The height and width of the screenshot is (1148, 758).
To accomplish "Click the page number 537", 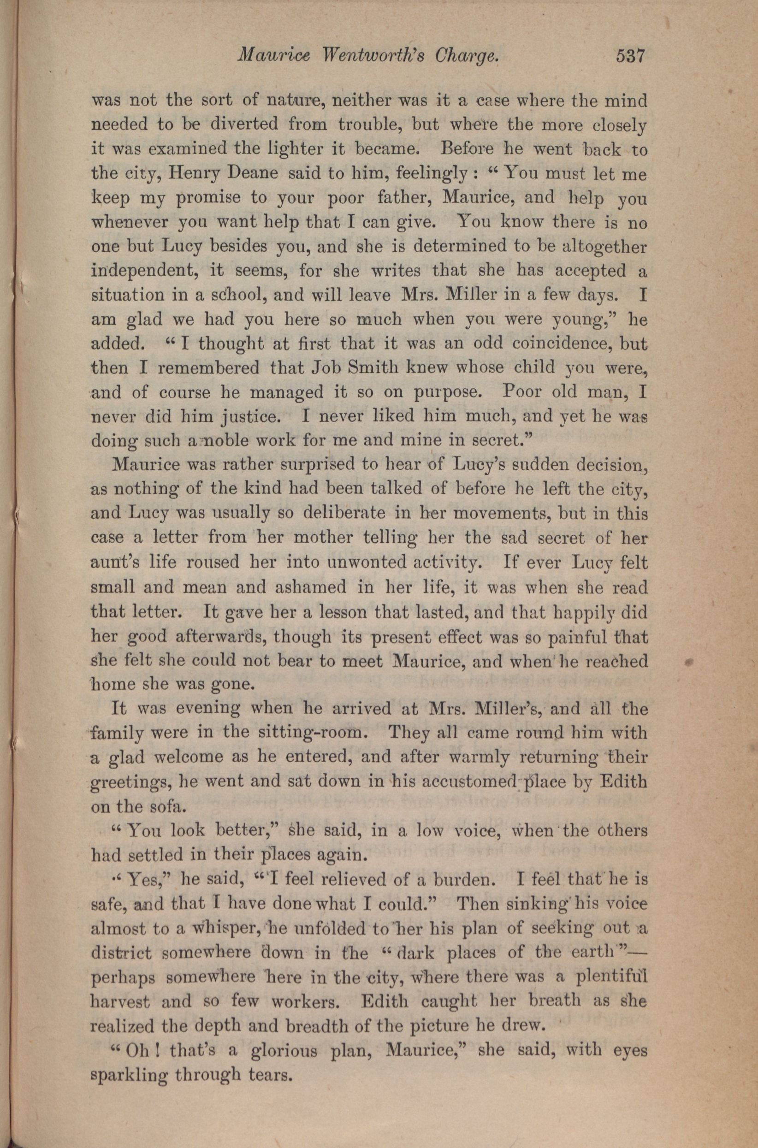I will pyautogui.click(x=630, y=57).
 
